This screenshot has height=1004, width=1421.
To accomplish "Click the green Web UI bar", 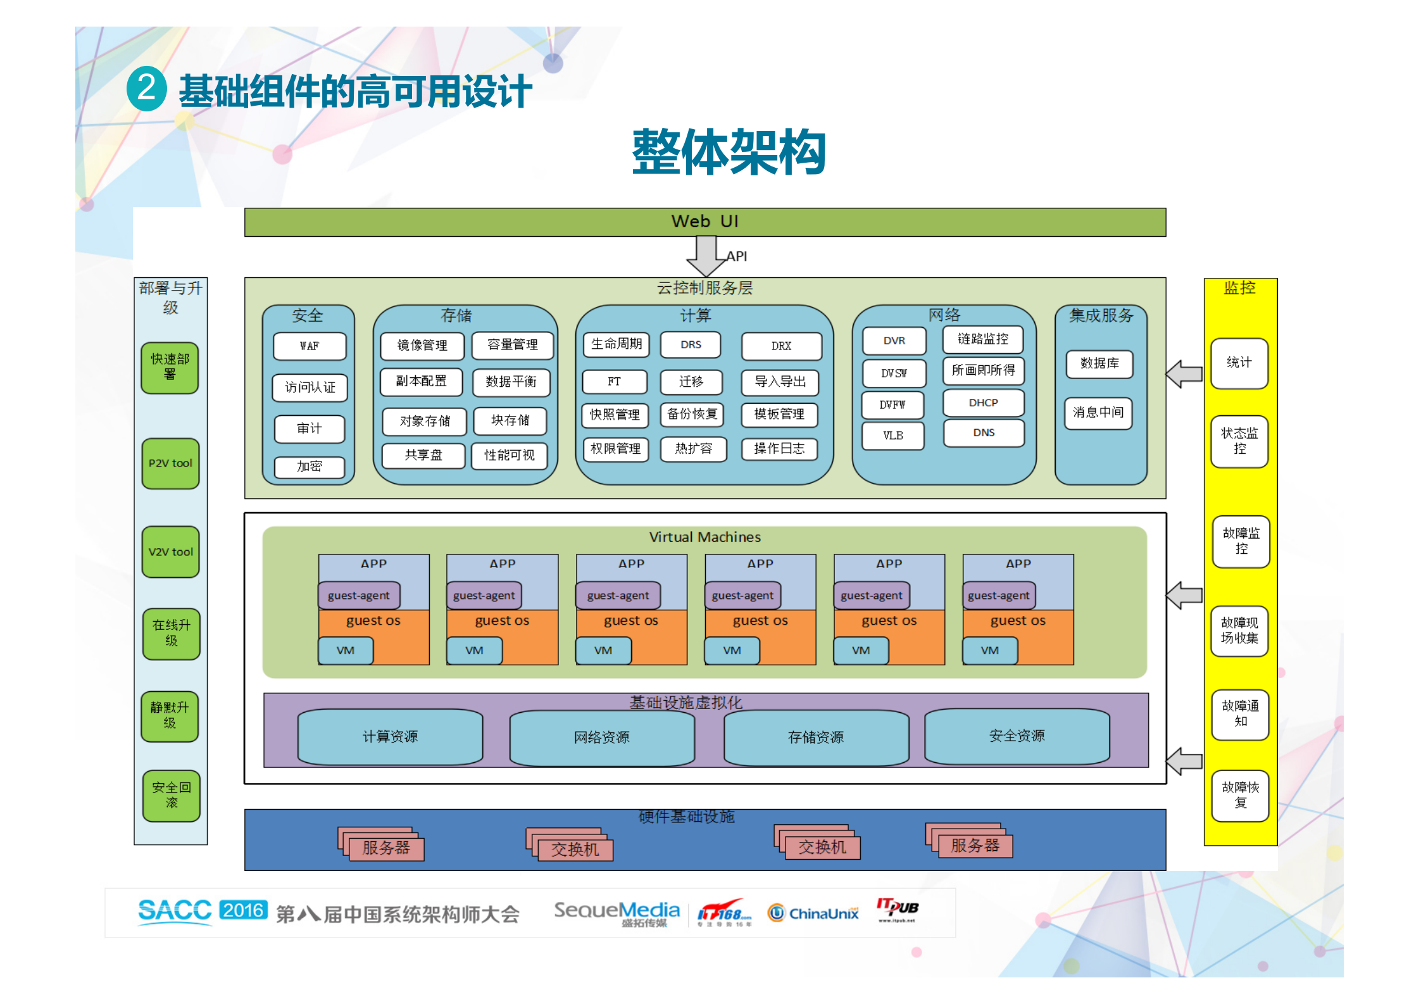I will click(x=704, y=222).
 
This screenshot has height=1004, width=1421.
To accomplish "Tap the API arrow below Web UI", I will click(x=705, y=256).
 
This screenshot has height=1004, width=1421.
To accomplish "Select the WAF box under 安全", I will click(x=310, y=346).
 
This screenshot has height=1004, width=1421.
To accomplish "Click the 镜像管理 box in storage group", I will click(x=422, y=346).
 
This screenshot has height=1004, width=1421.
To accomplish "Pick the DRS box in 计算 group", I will click(x=691, y=345).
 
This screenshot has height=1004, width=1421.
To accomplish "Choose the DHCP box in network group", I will click(x=983, y=403).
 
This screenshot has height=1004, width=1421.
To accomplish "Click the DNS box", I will click(x=984, y=433).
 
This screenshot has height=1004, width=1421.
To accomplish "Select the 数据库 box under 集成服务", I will click(x=1099, y=363).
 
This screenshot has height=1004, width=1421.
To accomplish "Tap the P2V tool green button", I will click(x=170, y=463).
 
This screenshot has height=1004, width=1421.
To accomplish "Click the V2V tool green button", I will click(x=170, y=551).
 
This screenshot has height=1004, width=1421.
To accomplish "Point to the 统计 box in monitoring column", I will click(x=1239, y=363).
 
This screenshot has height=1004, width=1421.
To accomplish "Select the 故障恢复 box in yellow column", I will click(x=1240, y=795).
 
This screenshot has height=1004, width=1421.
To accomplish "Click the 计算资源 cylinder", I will click(x=390, y=736).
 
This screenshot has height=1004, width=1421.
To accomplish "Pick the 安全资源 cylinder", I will click(x=1017, y=736).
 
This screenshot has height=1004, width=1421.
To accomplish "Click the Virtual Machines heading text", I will click(x=704, y=537).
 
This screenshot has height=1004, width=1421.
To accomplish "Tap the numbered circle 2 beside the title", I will click(x=147, y=89).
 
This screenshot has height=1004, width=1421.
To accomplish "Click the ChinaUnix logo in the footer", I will click(x=813, y=913).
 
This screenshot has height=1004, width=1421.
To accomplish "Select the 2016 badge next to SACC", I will click(x=243, y=910).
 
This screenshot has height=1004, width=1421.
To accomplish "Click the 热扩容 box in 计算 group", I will click(x=693, y=449).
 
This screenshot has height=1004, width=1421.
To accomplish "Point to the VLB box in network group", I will click(x=892, y=436).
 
